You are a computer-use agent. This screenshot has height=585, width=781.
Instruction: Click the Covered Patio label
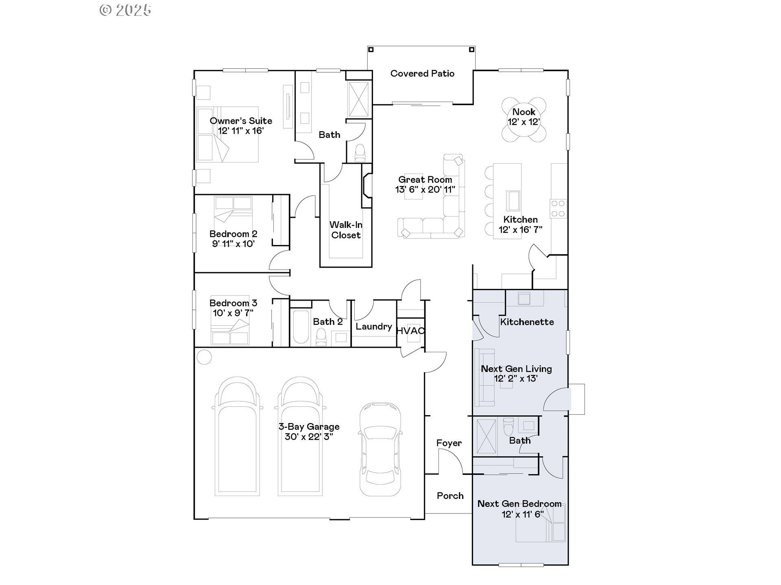click(x=422, y=74)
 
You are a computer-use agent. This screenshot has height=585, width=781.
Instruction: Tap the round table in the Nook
click(x=524, y=120)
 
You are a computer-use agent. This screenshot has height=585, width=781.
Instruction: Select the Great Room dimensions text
click(x=425, y=189)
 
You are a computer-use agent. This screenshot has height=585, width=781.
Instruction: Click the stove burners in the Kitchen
click(x=558, y=208)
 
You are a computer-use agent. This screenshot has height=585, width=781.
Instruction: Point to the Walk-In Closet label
click(x=346, y=230)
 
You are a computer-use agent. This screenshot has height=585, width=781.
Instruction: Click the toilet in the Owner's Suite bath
click(x=360, y=153)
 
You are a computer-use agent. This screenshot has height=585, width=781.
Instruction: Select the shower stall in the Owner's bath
click(x=358, y=100)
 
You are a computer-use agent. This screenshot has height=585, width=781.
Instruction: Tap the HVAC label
click(x=410, y=331)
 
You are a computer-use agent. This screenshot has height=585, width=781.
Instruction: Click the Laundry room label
click(x=373, y=327)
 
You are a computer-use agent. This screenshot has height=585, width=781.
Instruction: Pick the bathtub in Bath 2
click(x=301, y=327)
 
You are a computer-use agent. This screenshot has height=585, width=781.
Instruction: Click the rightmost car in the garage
click(x=380, y=449)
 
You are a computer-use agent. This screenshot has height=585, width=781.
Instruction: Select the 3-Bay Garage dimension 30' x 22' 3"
click(x=309, y=437)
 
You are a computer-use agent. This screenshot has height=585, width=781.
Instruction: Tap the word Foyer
click(x=449, y=443)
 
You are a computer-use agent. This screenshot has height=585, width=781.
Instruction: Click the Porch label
click(x=450, y=496)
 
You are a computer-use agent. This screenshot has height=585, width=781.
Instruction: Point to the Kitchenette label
click(x=527, y=322)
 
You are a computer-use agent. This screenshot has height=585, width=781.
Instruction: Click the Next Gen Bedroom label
click(x=519, y=504)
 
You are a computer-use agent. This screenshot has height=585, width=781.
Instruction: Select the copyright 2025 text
click(x=126, y=10)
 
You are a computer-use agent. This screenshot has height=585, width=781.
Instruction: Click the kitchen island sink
click(x=513, y=201)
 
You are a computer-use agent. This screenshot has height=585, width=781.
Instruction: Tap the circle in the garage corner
click(x=204, y=357)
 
